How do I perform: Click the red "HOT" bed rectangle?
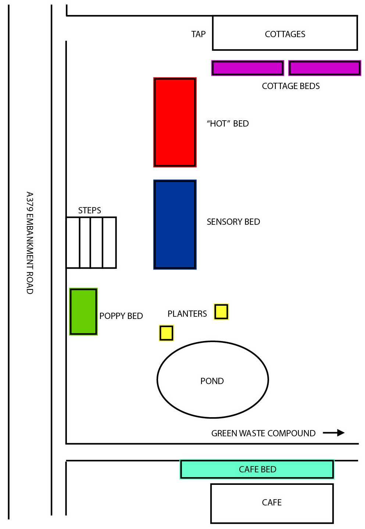click(x=175, y=122)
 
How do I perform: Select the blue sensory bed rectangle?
click(x=175, y=224)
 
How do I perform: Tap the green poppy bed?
click(x=83, y=312)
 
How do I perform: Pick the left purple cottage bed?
click(x=247, y=68)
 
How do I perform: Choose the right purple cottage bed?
click(x=325, y=68)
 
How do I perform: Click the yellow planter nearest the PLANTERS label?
click(x=221, y=312)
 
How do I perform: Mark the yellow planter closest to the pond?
click(x=166, y=333)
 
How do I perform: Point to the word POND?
click(x=212, y=381)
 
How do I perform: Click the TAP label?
click(x=198, y=34)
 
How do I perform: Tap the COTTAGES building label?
click(x=285, y=34)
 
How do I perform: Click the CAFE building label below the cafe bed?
click(x=272, y=503)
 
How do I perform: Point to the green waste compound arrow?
click(x=334, y=433)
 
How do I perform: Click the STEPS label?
click(x=89, y=210)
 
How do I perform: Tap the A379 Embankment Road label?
click(x=30, y=243)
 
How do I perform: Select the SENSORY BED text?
click(x=233, y=222)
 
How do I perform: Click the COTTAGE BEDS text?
click(x=291, y=86)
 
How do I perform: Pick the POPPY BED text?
click(x=121, y=316)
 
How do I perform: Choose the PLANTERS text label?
click(x=187, y=314)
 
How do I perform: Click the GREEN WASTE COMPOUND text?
click(x=263, y=433)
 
